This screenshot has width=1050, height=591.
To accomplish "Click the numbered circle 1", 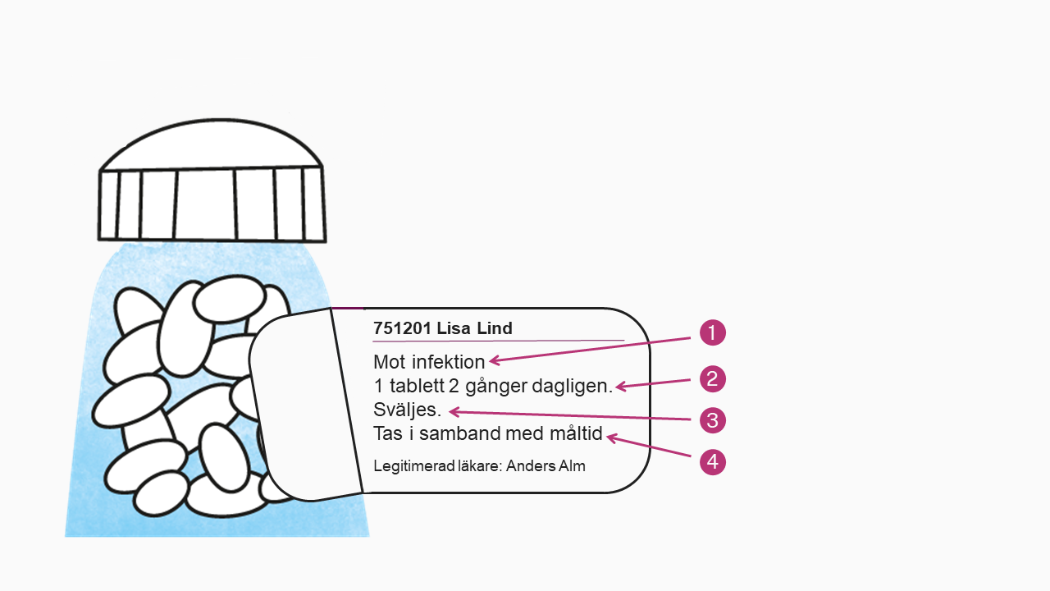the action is tap(713, 332).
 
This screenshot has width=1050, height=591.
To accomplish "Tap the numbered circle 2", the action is tap(713, 379).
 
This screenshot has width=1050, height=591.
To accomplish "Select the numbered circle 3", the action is tap(713, 420).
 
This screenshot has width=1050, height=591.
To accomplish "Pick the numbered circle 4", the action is tap(713, 462).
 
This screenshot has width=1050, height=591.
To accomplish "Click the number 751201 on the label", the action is tap(402, 328).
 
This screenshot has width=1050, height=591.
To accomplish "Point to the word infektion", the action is tap(449, 362).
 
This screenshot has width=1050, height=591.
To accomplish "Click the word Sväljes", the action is tap(408, 410).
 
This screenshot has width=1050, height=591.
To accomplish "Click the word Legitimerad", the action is tap(414, 466).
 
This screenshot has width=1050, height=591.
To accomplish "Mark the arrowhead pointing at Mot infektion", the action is tap(495, 360).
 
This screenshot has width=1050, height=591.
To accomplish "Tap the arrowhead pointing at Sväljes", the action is tap(454, 412).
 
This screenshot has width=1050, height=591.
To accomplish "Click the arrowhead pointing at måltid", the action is tap(612, 438).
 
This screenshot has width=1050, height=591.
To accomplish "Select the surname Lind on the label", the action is tap(495, 328).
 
